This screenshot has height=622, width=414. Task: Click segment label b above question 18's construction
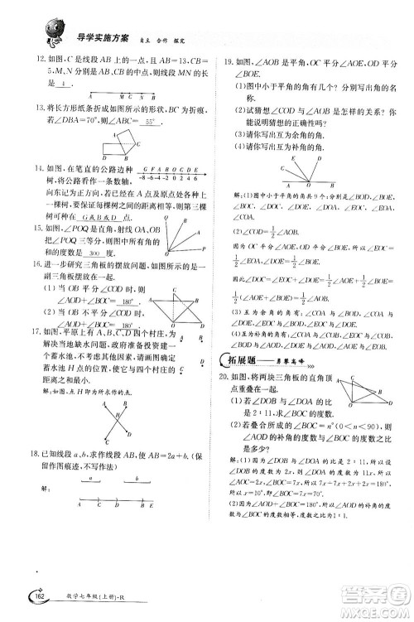point(136,479)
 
